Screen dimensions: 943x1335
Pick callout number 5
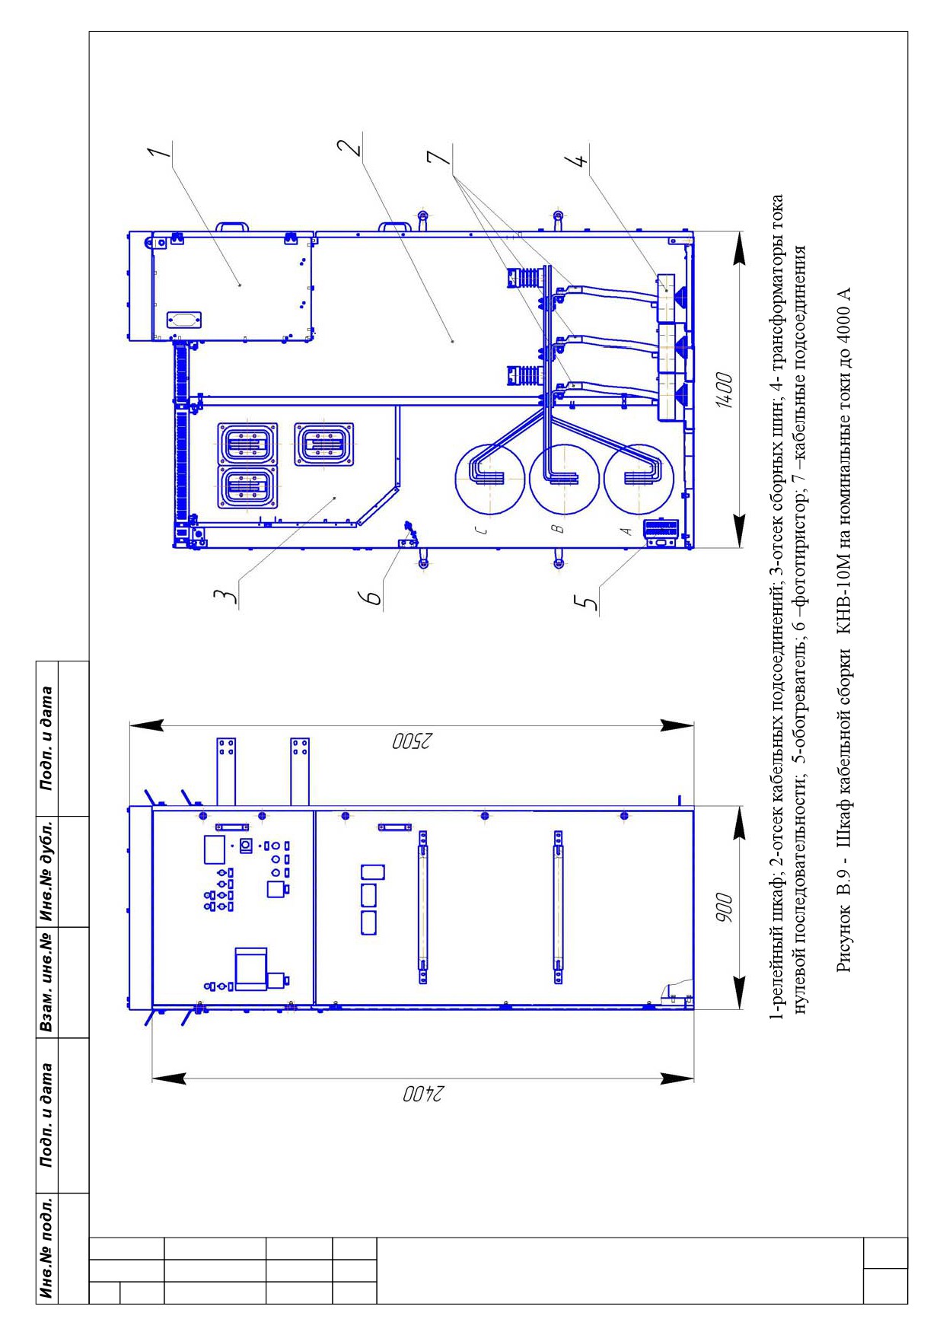587,601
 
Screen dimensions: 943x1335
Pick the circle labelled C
490,479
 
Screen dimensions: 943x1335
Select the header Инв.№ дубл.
47,871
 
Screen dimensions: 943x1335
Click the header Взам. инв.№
47,983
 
